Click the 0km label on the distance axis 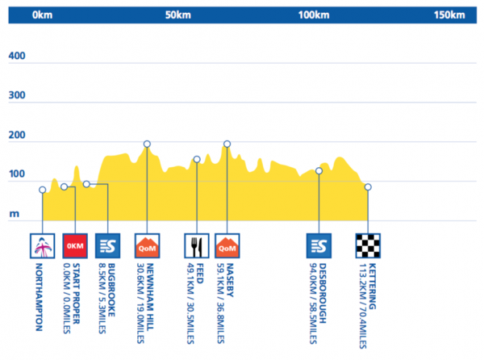pyautogui.click(x=42, y=14)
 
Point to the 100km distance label pyautogui.click(x=314, y=14)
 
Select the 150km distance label pyautogui.click(x=449, y=14)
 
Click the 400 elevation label pyautogui.click(x=18, y=57)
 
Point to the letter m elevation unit pyautogui.click(x=14, y=215)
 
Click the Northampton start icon pyautogui.click(x=42, y=245)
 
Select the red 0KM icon pyautogui.click(x=74, y=245)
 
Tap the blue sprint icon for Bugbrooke pyautogui.click(x=107, y=245)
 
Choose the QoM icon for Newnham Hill pyautogui.click(x=147, y=245)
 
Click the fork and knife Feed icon pyautogui.click(x=197, y=245)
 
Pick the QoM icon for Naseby pyautogui.click(x=227, y=245)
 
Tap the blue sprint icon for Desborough pyautogui.click(x=319, y=245)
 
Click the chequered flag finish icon pyautogui.click(x=368, y=245)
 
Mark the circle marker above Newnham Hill pyautogui.click(x=147, y=144)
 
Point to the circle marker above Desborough pyautogui.click(x=319, y=171)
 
